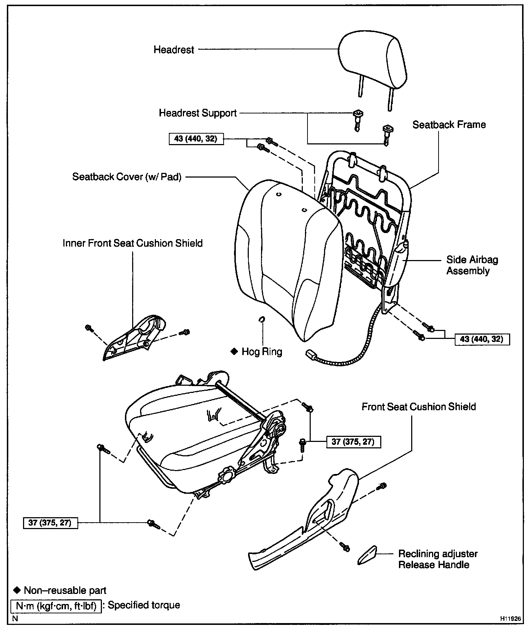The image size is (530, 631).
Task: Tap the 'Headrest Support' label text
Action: tap(198, 113)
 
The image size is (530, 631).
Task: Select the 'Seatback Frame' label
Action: tap(449, 125)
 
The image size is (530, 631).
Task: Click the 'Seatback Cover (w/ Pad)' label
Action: tap(127, 177)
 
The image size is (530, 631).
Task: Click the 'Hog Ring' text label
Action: tap(262, 352)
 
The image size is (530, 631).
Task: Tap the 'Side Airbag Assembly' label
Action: tap(472, 265)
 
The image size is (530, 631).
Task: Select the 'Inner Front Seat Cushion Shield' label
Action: tap(132, 243)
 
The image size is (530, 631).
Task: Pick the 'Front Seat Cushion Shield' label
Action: tap(419, 407)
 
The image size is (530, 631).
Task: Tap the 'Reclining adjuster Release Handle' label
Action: tap(438, 559)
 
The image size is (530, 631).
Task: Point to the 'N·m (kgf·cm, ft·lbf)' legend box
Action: tap(57, 606)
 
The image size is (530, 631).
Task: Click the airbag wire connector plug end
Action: tap(310, 354)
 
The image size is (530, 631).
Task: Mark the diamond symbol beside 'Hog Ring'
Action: tap(234, 352)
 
